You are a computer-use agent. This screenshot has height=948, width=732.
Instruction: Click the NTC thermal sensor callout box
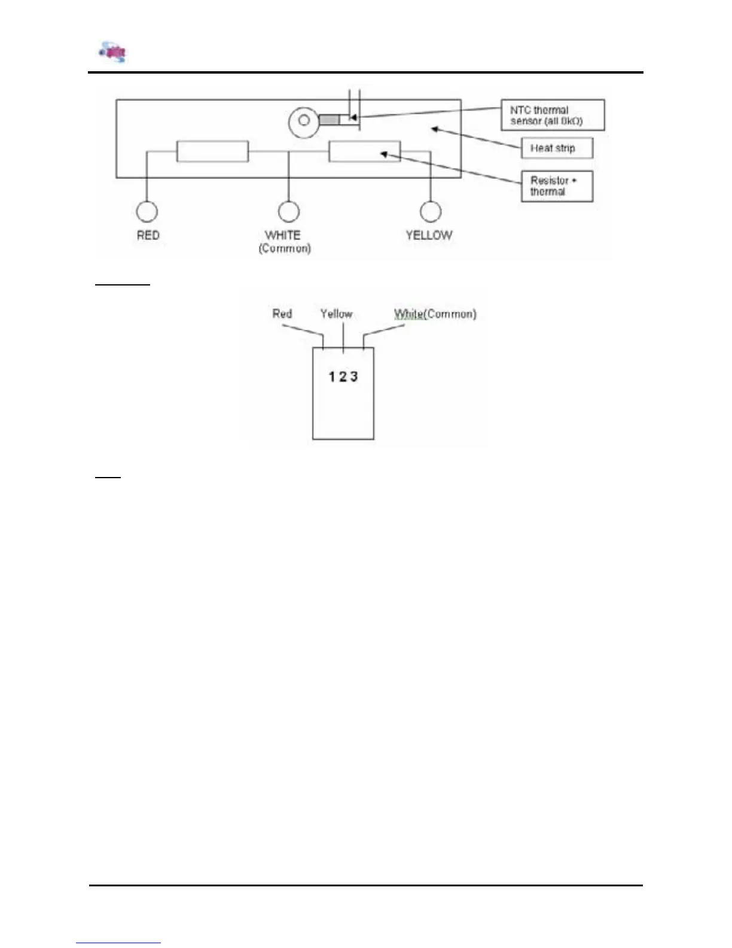[x=553, y=115]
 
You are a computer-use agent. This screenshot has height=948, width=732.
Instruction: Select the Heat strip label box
[x=557, y=148]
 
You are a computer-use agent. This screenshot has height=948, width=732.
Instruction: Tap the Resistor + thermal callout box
[x=557, y=186]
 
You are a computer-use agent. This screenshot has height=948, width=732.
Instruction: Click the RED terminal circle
[x=147, y=211]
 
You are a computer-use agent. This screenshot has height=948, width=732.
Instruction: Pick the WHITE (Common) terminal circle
[x=289, y=211]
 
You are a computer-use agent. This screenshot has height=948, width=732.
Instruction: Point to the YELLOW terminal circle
[x=431, y=211]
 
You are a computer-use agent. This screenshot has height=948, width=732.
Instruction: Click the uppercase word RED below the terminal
[x=148, y=235]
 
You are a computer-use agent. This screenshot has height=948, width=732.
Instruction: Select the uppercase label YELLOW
[x=429, y=235]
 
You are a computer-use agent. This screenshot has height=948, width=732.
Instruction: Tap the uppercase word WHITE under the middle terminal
[x=283, y=235]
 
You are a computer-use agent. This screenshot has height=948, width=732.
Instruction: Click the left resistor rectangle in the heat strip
[x=212, y=151]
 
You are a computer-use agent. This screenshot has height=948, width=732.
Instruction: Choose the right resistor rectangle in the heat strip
[x=364, y=151]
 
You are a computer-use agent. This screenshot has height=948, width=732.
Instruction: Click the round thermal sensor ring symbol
[x=304, y=121]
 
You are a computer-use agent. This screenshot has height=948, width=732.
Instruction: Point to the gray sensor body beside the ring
[x=329, y=120]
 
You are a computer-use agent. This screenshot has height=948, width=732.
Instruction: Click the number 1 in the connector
[x=332, y=376]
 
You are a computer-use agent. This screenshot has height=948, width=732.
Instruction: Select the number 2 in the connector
[x=343, y=376]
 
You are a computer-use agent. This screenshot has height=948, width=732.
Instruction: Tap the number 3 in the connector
[x=354, y=376]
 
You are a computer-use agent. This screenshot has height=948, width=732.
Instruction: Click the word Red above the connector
[x=282, y=314]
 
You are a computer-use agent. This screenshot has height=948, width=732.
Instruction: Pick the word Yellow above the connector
[x=336, y=314]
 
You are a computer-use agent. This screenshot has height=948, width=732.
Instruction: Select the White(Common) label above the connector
[x=435, y=314]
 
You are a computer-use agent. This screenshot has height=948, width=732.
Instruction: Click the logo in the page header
[x=113, y=52]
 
